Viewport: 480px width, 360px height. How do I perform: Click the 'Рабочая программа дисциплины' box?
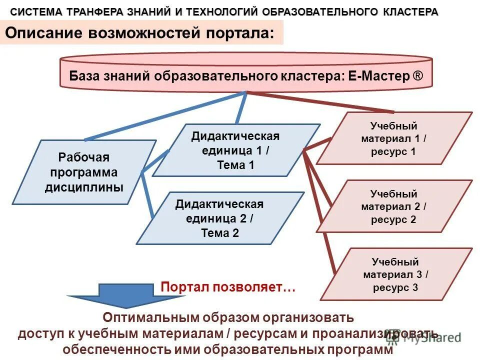point(83,172)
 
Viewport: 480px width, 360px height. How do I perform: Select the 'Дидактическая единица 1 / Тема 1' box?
point(235,150)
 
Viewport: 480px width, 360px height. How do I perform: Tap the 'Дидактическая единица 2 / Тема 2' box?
point(219,218)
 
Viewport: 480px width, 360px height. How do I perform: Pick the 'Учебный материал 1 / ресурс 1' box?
point(393,138)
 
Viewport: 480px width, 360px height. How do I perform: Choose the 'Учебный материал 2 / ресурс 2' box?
point(393,206)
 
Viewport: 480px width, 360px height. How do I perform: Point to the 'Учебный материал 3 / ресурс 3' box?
point(395,274)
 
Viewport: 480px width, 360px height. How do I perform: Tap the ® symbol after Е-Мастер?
point(417,76)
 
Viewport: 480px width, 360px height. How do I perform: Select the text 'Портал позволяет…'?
point(228,287)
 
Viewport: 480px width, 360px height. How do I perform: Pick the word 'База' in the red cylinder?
point(83,76)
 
